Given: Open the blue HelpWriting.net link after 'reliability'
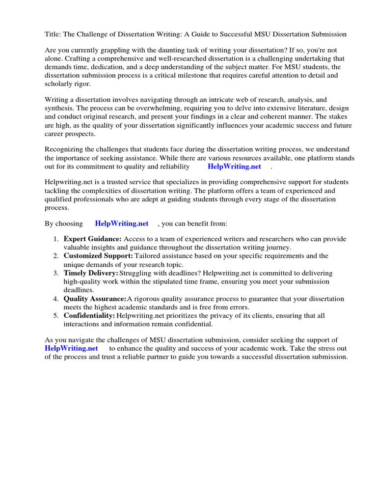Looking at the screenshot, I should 234,167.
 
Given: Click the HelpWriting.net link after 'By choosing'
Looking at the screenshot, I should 122,224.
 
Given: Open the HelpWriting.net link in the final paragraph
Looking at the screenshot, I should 71,348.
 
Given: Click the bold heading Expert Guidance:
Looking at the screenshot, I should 93,239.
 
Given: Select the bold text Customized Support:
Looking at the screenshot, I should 98,256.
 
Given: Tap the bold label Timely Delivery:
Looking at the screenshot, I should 91,273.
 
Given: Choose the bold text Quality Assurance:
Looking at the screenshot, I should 95,299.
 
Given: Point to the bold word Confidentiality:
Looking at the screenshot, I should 89,316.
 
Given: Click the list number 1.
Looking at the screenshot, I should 55,239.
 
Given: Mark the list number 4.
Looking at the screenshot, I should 55,299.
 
